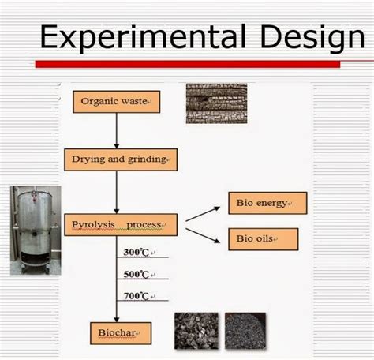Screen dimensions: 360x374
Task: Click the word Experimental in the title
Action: [135, 36]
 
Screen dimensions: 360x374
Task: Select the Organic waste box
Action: [118, 100]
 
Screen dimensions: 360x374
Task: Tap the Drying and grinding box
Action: [118, 159]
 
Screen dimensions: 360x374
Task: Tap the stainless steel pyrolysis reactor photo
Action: [35, 230]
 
